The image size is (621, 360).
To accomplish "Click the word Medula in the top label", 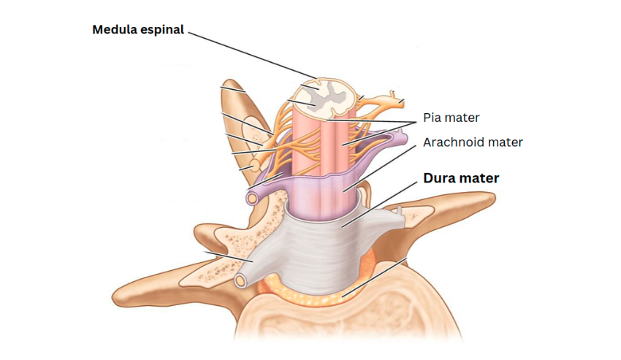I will tap(113, 30).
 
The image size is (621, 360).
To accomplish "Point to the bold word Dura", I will tap(440, 177).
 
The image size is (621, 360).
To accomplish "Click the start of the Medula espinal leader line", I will tap(186, 31).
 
